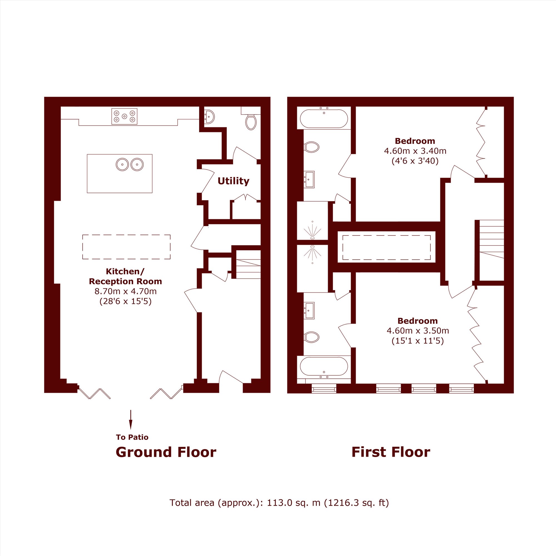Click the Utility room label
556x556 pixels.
point(234,181)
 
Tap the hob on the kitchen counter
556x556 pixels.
point(124,116)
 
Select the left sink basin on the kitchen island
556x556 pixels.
point(122,164)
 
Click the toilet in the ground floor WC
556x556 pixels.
point(251,122)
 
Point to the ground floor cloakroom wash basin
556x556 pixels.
point(209,117)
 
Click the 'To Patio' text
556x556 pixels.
point(132,437)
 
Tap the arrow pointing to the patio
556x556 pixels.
point(131,420)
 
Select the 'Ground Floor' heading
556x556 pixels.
point(166,452)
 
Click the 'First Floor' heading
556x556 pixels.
point(391,452)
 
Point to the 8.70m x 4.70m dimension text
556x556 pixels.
point(125,291)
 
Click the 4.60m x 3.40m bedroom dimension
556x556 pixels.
point(415,150)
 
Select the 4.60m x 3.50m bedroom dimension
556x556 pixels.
point(418,331)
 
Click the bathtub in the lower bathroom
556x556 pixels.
point(324,366)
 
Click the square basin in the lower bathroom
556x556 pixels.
point(310,311)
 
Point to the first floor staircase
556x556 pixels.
point(491,250)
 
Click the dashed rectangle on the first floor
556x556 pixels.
point(386,247)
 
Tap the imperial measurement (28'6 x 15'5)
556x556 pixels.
point(125,301)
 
